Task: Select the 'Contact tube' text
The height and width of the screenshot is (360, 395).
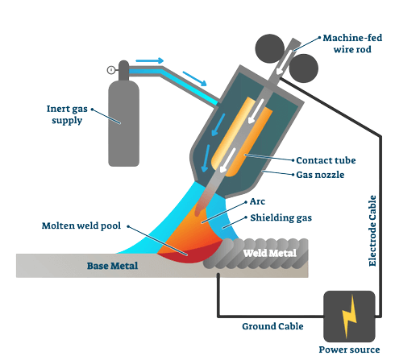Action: point(326,160)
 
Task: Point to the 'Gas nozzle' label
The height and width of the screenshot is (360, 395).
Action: point(320,175)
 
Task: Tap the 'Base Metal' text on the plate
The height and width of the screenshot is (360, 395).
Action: point(114,266)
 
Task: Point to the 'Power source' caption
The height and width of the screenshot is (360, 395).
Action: point(348,351)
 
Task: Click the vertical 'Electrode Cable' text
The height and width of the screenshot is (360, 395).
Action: point(372,230)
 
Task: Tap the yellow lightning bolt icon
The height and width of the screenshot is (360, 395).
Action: point(349,316)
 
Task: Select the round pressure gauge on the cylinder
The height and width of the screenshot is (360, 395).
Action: point(110,70)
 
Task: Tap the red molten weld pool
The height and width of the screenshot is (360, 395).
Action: point(184,254)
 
